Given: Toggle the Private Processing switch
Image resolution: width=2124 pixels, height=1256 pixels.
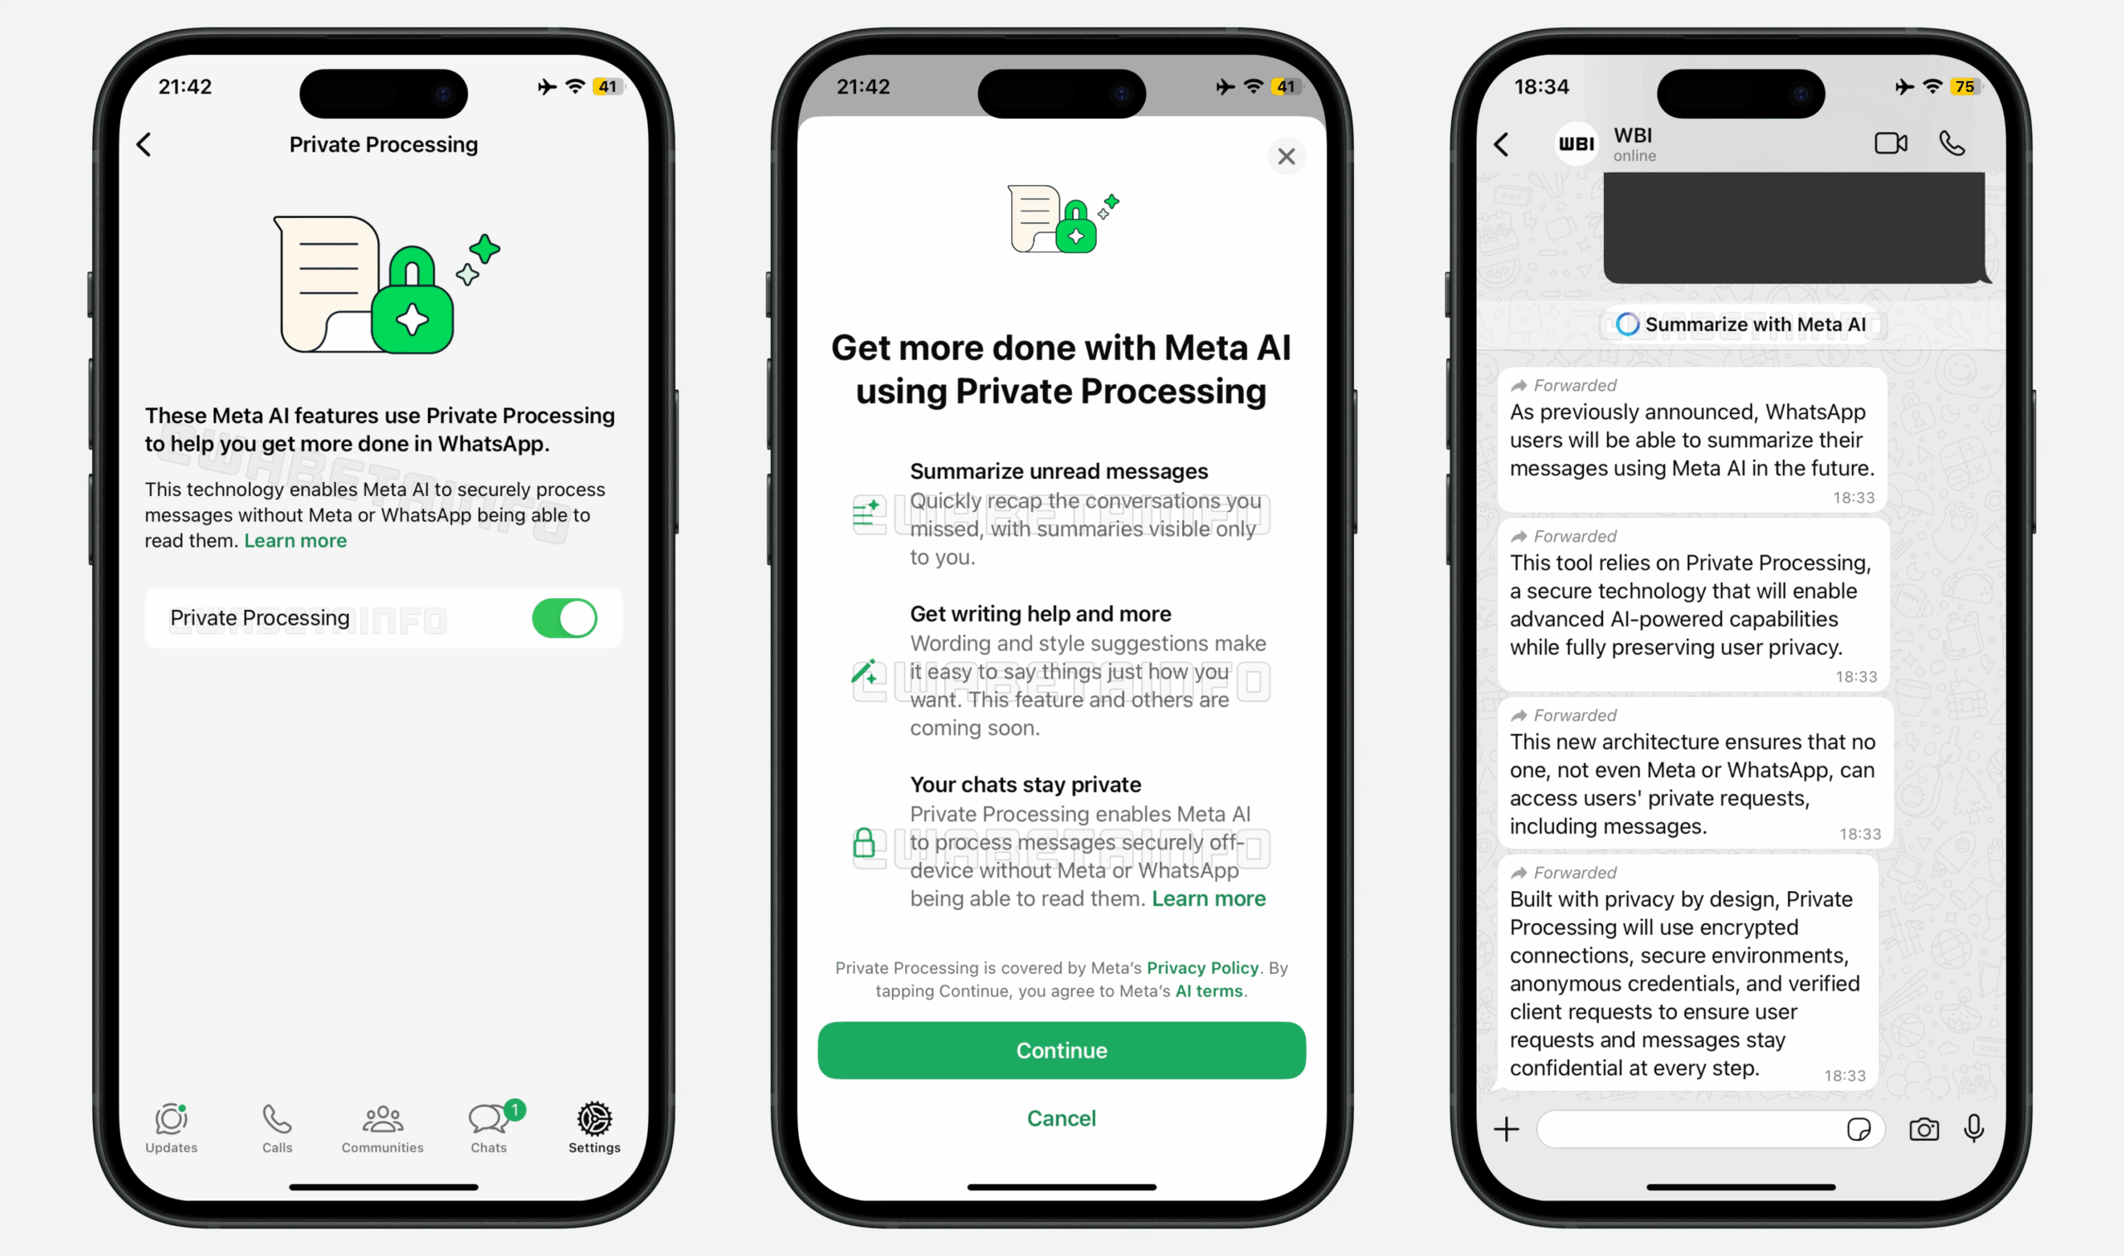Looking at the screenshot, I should point(564,618).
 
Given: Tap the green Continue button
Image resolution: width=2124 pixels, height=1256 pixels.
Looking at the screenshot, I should point(1061,1050).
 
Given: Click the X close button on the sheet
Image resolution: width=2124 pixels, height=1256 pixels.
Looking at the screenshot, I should point(1286,157).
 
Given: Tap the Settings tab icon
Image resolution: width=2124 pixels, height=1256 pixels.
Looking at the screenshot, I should point(594,1120).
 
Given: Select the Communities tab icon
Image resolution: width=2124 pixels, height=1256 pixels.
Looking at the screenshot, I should point(382,1120).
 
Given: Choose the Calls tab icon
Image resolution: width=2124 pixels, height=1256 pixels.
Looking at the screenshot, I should point(277,1120).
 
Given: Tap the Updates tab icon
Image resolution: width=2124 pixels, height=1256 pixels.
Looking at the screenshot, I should point(171,1120).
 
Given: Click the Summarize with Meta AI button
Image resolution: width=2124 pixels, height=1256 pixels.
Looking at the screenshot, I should point(1742,324).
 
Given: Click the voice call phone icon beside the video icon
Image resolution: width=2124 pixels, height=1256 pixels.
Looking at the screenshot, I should point(1951,143).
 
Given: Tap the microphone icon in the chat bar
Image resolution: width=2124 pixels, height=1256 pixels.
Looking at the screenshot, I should point(1973,1128).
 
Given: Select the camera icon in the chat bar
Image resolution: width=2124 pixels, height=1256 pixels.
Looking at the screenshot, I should point(1923,1129).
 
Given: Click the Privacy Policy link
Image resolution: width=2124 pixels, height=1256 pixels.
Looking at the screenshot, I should point(1202,967).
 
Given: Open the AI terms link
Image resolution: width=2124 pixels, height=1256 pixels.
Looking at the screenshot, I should point(1209,991).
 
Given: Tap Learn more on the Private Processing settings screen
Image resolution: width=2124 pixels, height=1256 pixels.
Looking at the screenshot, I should point(295,541).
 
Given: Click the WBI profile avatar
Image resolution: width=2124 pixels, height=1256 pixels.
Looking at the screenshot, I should point(1576,144).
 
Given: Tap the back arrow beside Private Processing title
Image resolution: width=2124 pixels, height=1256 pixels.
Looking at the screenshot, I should point(144,144).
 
